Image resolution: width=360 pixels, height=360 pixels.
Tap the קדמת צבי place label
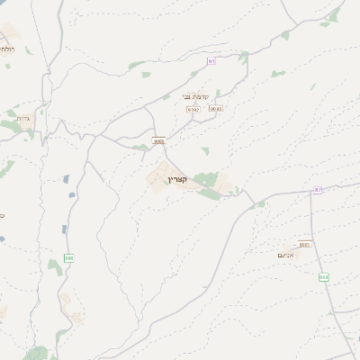tap(195, 96)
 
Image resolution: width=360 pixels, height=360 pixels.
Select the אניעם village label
tap(287, 256)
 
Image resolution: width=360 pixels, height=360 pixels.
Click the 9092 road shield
tap(193, 109)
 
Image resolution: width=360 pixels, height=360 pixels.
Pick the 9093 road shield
tap(215, 109)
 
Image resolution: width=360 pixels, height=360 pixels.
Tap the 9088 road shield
tap(159, 140)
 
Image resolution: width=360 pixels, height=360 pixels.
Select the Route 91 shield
tap(211, 61)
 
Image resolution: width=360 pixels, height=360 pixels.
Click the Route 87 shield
tap(318, 190)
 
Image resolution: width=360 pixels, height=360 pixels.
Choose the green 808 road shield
tap(323, 277)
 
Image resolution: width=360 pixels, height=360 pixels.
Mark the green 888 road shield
tap(69, 258)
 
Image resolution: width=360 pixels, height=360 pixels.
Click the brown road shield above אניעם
tap(304, 244)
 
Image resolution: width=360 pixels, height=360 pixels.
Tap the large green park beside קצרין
tap(207, 180)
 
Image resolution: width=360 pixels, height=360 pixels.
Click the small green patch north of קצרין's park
tap(205, 151)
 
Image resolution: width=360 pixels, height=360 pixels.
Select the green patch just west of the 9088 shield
tap(140, 147)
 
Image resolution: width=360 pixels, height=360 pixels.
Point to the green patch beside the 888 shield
tap(55, 266)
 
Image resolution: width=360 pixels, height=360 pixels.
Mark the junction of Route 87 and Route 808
tap(310, 192)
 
